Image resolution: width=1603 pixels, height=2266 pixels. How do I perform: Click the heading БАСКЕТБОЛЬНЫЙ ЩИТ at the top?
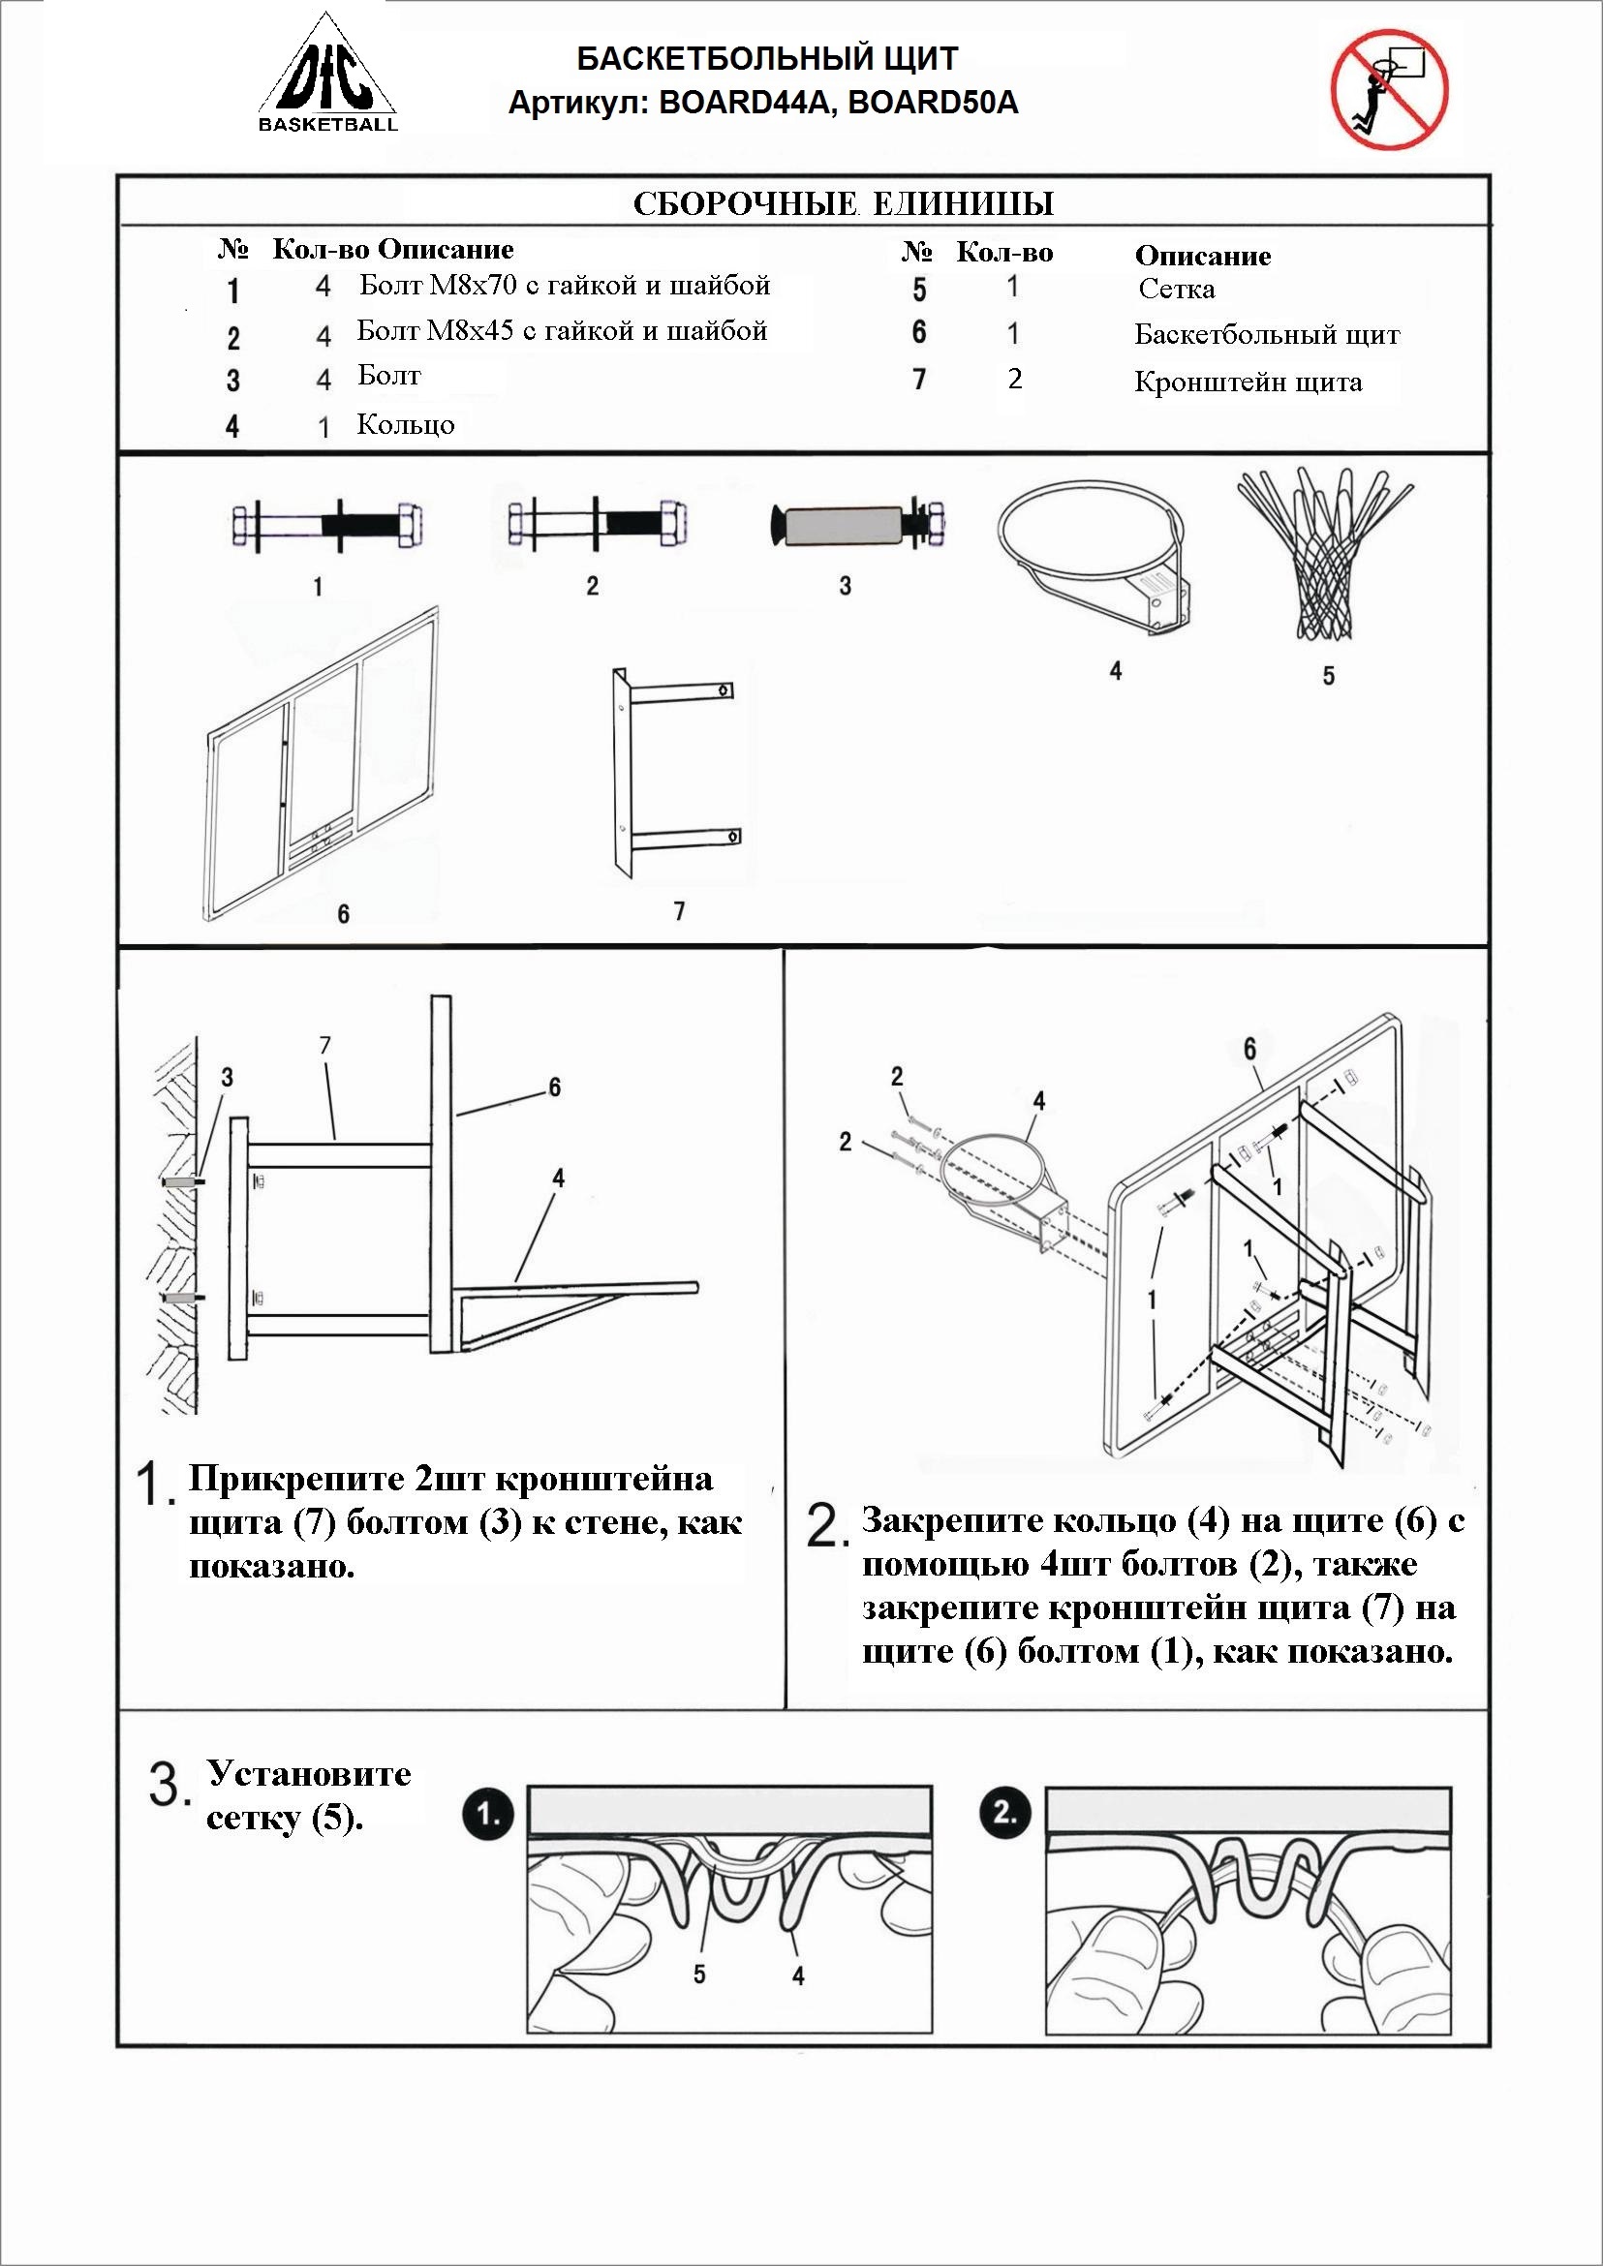pyautogui.click(x=766, y=59)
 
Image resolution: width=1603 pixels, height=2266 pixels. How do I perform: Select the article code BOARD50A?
pyautogui.click(x=933, y=103)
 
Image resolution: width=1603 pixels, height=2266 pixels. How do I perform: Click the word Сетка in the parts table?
pyautogui.click(x=1176, y=291)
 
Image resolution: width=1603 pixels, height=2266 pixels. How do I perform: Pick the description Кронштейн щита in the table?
pyautogui.click(x=1248, y=383)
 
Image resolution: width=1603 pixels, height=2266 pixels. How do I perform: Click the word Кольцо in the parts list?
pyautogui.click(x=406, y=425)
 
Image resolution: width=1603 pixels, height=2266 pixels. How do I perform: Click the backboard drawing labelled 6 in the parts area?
pyautogui.click(x=322, y=760)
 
